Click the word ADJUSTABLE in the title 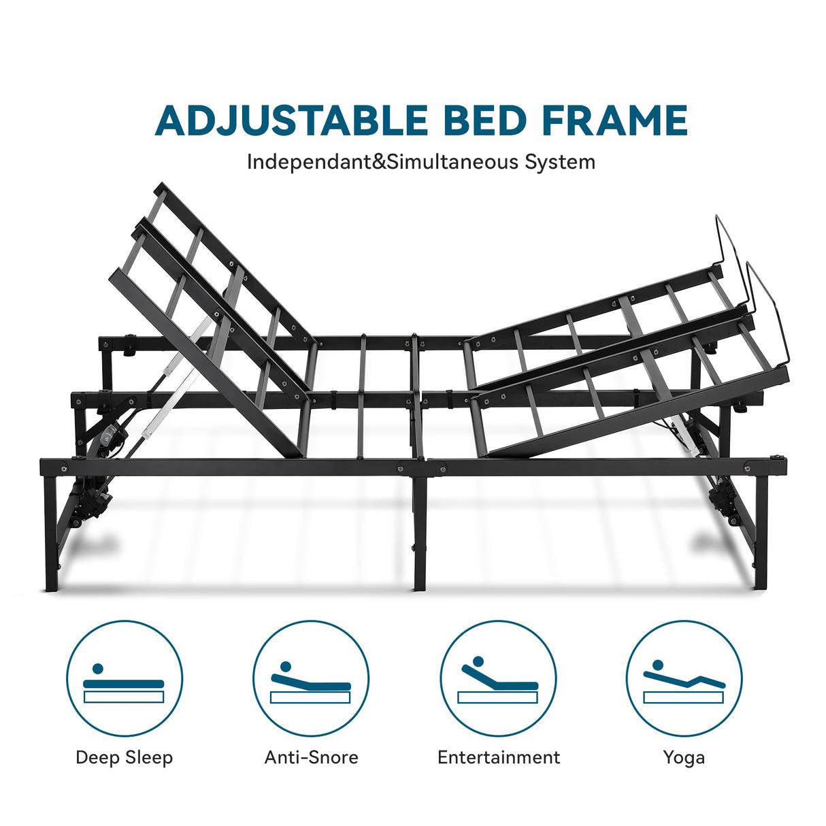291,121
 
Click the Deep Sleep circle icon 125,678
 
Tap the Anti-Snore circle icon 311,678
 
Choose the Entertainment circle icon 498,678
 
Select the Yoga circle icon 684,678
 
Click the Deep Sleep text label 125,757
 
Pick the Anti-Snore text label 311,757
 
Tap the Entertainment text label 498,757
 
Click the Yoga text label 684,757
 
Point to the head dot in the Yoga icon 658,665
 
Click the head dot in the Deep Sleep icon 98,669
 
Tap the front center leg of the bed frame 420,531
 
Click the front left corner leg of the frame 51,531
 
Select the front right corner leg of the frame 761,531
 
